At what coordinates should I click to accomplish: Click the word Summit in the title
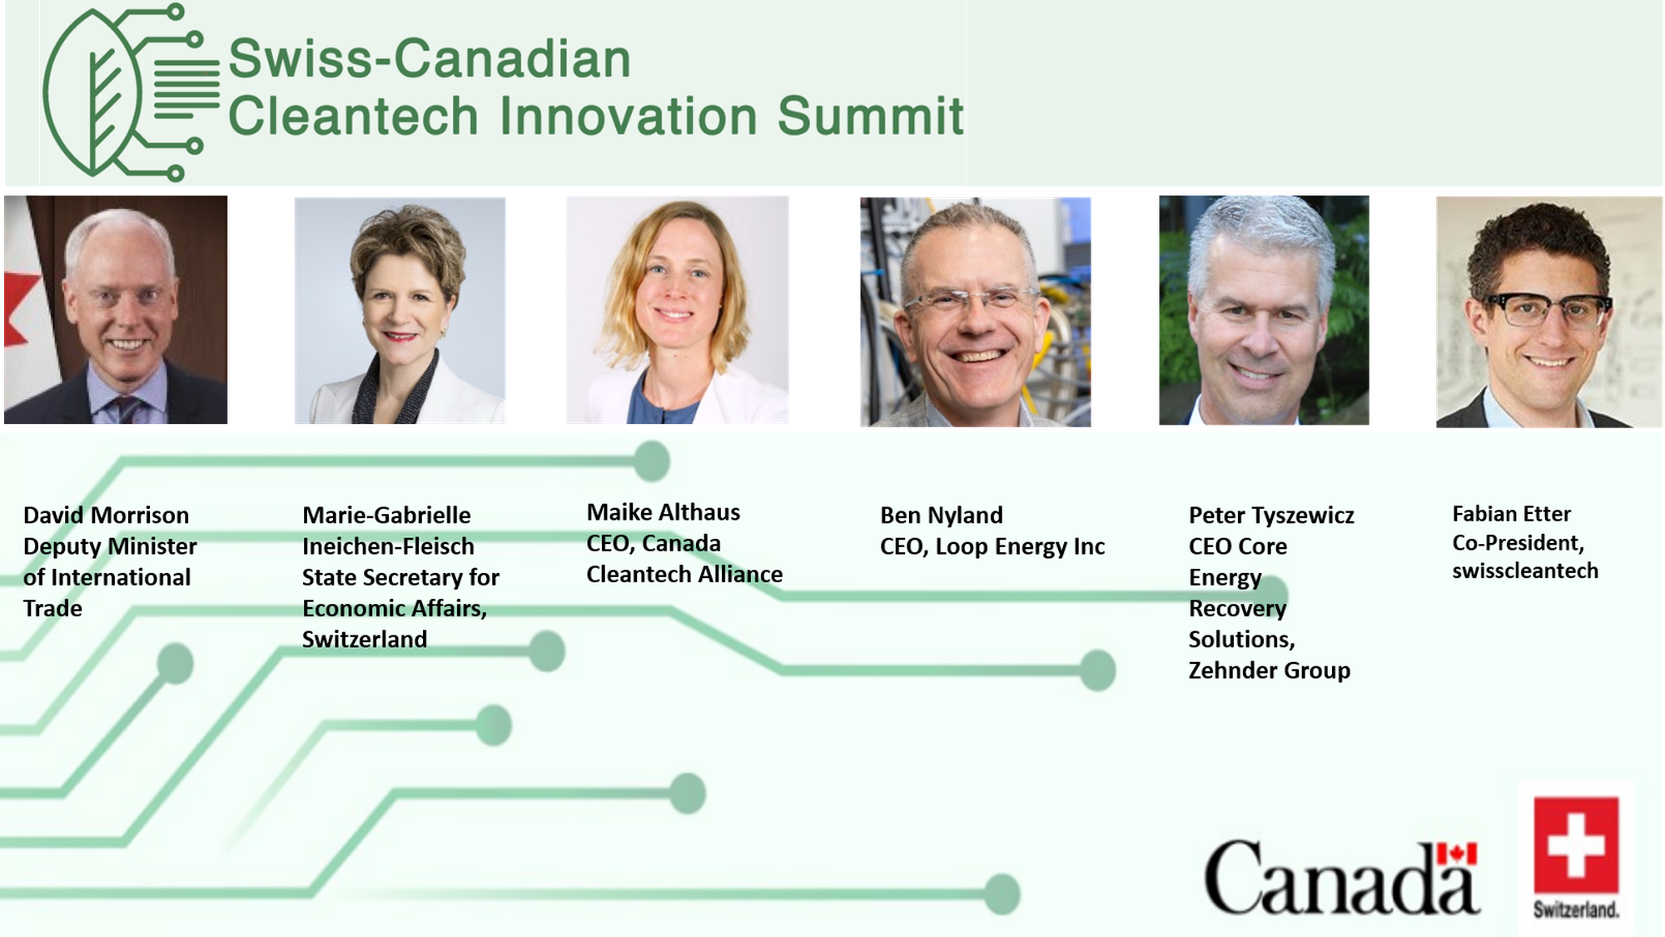[870, 116]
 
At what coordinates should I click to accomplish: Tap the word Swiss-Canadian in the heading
[430, 59]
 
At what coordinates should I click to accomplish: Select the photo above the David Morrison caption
[116, 310]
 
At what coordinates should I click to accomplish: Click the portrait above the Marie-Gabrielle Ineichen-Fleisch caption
[400, 311]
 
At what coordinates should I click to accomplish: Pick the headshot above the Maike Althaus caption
[678, 310]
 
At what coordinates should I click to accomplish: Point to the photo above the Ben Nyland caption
[976, 312]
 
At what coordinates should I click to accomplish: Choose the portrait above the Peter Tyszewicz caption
[1264, 310]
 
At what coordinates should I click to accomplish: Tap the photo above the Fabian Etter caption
[1548, 312]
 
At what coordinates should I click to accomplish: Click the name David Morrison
[106, 516]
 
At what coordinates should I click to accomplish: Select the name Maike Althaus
[664, 512]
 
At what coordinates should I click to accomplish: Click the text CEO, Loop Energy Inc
[992, 547]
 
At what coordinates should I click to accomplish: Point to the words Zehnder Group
[1270, 670]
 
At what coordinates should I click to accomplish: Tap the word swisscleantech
[1525, 571]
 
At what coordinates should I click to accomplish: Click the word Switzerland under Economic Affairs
[365, 640]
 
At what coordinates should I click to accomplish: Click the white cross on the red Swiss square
[1576, 845]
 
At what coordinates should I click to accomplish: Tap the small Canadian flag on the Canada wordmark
[1457, 854]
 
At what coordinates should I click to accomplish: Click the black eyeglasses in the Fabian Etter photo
[1548, 311]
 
